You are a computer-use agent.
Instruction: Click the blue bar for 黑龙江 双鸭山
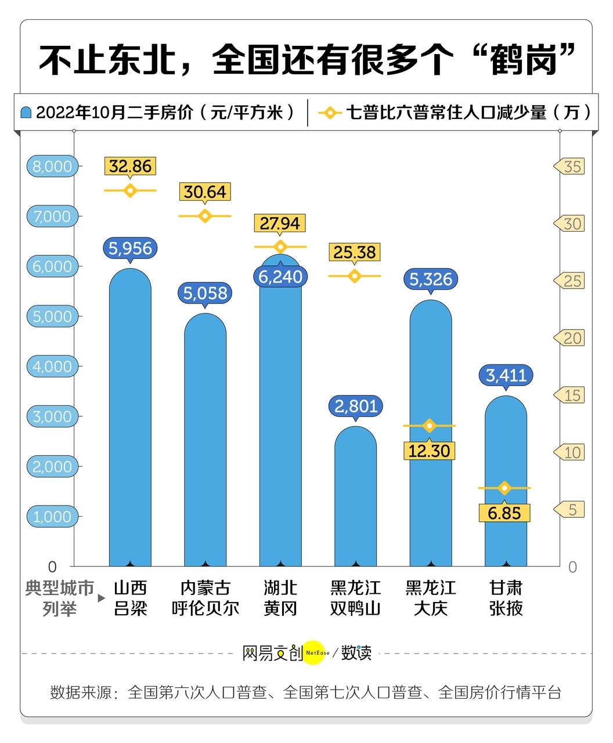point(355,499)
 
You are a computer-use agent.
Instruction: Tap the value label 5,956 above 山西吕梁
point(130,248)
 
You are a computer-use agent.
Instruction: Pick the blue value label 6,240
point(280,277)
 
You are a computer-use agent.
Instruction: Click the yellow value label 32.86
point(130,166)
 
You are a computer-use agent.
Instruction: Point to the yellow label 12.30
point(430,450)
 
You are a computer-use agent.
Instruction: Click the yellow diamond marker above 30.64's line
point(205,216)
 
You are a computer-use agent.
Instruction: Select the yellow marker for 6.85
point(505,488)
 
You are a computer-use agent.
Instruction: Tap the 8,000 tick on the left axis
point(52,167)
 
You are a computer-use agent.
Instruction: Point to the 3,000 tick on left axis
point(52,416)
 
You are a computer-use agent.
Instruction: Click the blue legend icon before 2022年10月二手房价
point(26,112)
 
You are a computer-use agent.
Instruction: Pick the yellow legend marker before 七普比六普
point(330,112)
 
